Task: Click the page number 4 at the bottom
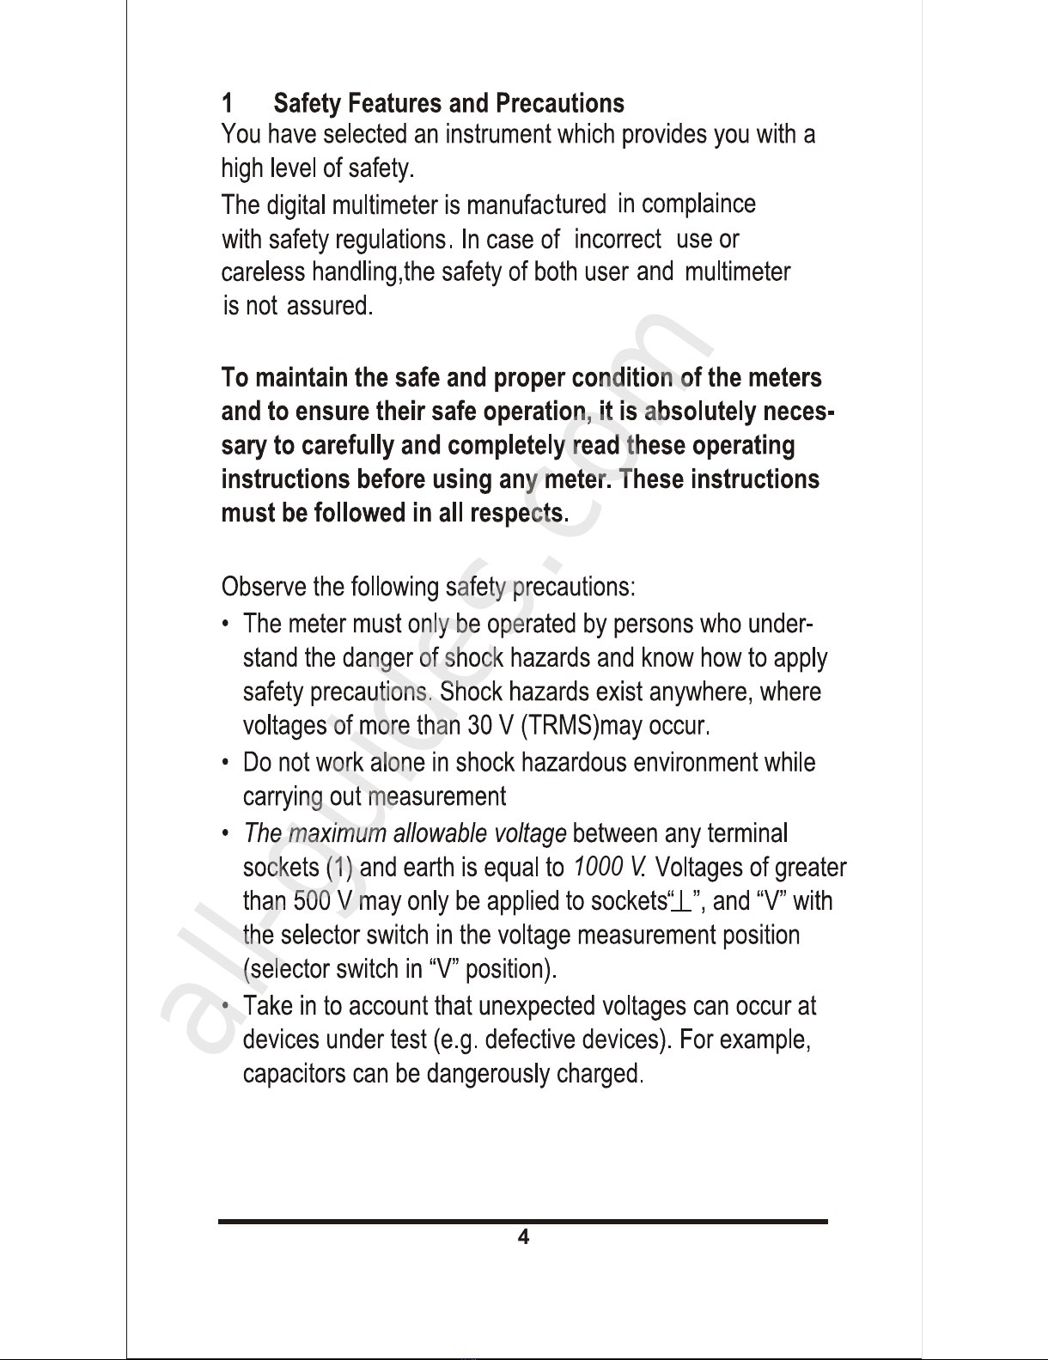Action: point(522,1237)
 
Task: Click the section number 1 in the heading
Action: point(228,104)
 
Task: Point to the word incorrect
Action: point(617,239)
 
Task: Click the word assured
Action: point(329,305)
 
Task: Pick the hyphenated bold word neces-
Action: point(789,412)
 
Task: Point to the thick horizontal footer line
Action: point(522,1221)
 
